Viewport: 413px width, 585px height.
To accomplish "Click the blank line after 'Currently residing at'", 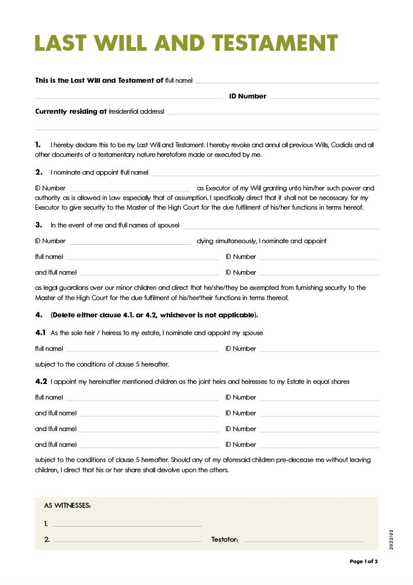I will click(272, 113).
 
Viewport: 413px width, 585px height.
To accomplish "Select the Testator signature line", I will click(303, 540).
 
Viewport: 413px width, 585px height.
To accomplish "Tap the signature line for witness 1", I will click(127, 525).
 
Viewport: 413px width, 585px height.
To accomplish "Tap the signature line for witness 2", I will click(127, 540).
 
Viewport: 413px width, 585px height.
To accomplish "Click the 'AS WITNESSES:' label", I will click(68, 506).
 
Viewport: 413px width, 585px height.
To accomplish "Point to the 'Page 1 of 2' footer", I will click(364, 562).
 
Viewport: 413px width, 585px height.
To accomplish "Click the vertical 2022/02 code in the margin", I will click(391, 539).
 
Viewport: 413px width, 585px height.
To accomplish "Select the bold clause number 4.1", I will click(41, 333).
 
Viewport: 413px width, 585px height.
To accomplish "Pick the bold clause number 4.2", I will click(41, 381).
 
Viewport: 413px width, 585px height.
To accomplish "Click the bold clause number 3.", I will click(39, 225).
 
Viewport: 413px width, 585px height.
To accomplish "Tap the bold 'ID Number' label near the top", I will click(247, 96).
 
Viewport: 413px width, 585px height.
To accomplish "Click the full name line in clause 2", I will click(265, 174).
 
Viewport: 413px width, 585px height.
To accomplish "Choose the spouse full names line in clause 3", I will click(280, 227).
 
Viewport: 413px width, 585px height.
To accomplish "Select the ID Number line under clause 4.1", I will click(319, 350).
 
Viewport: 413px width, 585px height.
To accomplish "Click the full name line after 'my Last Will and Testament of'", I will click(287, 81).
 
